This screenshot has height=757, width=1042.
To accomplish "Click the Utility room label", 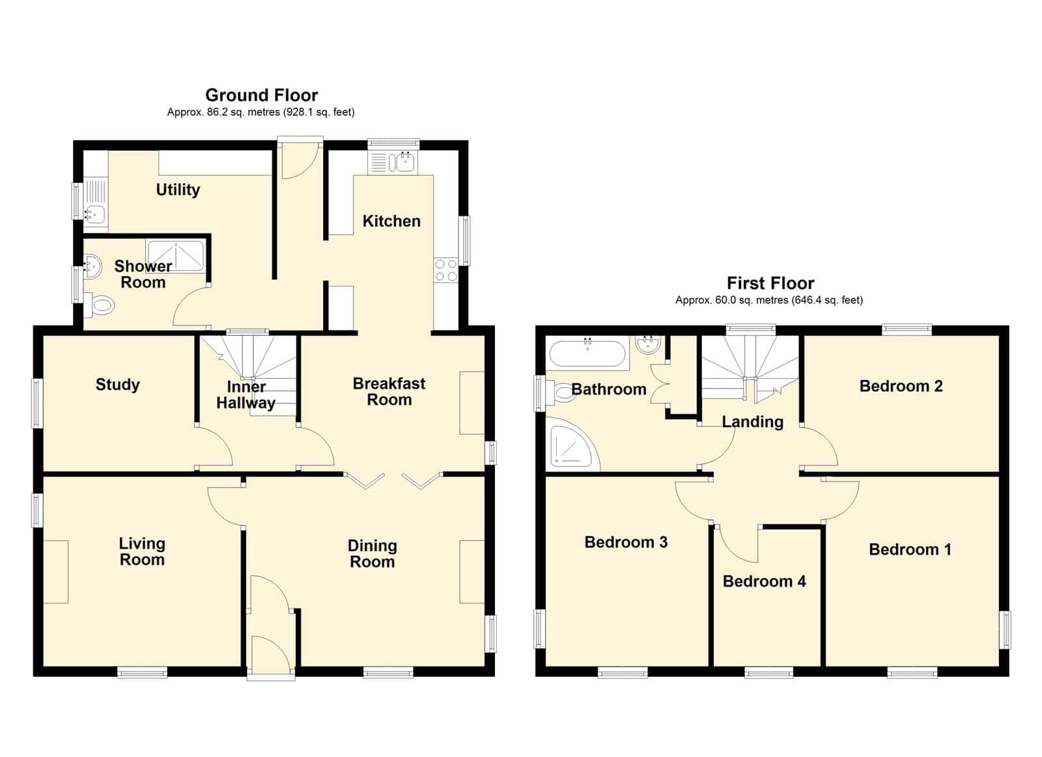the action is (x=178, y=189).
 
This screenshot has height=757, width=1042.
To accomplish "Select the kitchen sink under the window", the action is (x=393, y=163).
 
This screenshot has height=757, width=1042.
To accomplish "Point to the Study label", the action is (x=118, y=385).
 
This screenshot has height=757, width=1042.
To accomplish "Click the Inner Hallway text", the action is (x=246, y=395).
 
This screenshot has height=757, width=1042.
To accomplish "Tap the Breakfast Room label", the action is (x=389, y=392).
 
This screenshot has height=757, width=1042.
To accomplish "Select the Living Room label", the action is (x=142, y=551).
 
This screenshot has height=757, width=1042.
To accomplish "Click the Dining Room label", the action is (x=372, y=554).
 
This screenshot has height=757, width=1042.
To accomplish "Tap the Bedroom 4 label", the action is (x=765, y=581).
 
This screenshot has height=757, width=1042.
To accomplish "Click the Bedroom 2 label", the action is (x=901, y=386).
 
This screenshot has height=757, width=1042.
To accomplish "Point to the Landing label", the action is (x=753, y=422).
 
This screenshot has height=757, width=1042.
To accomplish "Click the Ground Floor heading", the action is (x=262, y=95).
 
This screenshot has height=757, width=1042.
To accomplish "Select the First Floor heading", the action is (x=771, y=283).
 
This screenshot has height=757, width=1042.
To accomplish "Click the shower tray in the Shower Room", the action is (x=175, y=255).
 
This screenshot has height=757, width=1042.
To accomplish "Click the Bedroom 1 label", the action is (x=910, y=549).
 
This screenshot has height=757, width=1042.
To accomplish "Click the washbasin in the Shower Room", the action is (x=92, y=267).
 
